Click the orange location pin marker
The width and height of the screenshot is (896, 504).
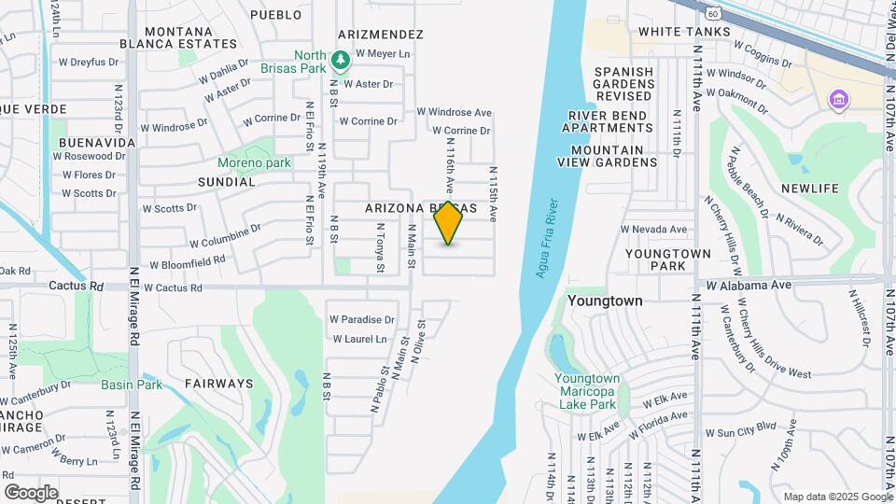click(x=448, y=223)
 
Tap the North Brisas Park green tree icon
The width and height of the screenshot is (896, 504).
click(x=342, y=60)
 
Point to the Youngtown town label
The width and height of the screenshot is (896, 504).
click(x=605, y=301)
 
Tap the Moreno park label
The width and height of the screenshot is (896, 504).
click(x=254, y=162)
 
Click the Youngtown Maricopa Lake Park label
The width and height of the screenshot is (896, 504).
click(x=586, y=391)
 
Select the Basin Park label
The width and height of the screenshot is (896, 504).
click(x=132, y=384)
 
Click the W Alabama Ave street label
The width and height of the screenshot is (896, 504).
click(x=749, y=285)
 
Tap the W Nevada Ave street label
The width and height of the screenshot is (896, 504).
click(x=654, y=229)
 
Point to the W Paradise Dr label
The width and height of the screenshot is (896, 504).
click(x=362, y=319)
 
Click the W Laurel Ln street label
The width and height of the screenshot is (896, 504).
click(x=359, y=339)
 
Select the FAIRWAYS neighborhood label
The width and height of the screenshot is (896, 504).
click(x=218, y=383)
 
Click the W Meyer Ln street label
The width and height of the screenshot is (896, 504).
click(x=383, y=54)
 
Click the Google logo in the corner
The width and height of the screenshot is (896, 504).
click(x=31, y=492)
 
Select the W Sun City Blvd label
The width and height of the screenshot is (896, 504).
click(x=740, y=432)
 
